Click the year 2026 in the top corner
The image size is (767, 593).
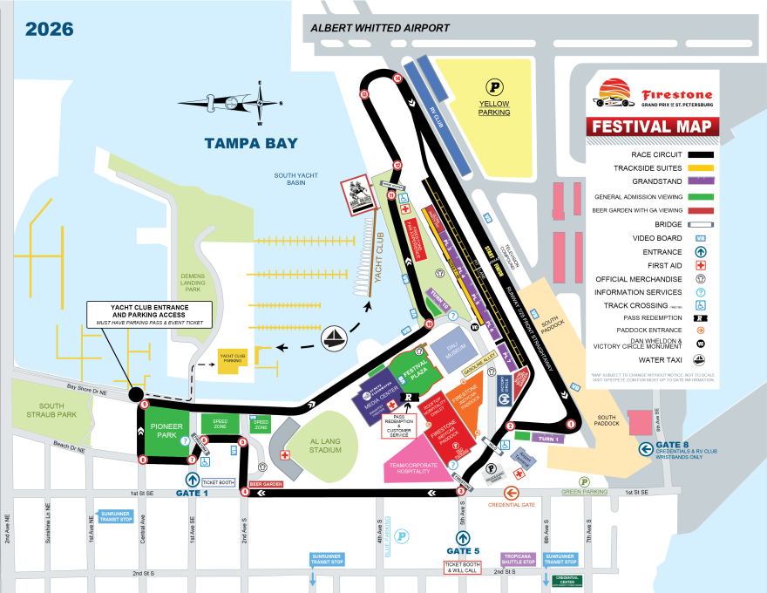click(49, 29)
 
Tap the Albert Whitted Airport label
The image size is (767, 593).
click(380, 28)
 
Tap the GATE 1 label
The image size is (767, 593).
click(193, 494)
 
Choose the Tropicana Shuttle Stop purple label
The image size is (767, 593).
click(517, 559)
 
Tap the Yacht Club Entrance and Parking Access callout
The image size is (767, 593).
click(149, 314)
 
